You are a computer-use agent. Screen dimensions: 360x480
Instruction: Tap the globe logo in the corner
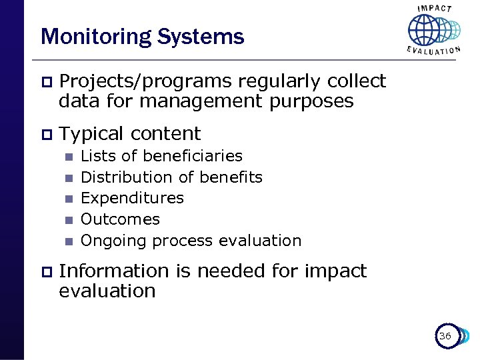433,29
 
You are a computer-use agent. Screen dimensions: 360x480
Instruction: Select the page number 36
445,337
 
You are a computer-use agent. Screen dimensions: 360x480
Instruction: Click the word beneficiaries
193,156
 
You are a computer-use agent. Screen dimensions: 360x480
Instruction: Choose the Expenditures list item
132,198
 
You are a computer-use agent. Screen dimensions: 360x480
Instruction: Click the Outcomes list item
120,219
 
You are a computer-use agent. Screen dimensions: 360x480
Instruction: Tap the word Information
114,271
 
